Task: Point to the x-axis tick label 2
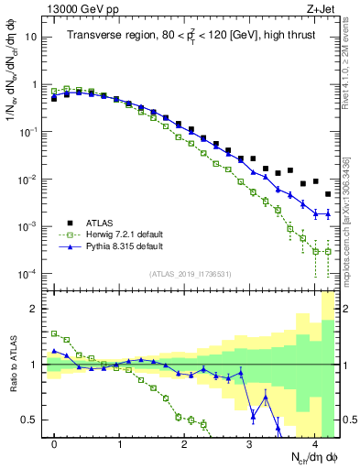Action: click(184, 442)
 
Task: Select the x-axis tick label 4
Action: click(314, 442)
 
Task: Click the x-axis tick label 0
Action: click(55, 442)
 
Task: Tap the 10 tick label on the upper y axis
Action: click(32, 37)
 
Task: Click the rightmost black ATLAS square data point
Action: click(328, 194)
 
